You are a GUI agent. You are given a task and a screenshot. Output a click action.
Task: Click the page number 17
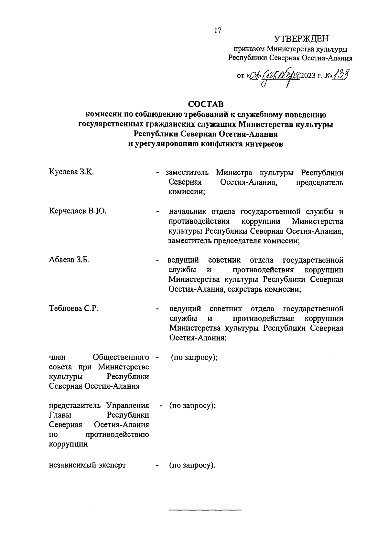point(218,30)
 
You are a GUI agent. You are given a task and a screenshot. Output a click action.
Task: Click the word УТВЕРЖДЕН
point(301,39)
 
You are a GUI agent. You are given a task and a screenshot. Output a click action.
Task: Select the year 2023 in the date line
point(309,77)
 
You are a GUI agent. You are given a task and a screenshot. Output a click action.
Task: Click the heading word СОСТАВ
point(206,104)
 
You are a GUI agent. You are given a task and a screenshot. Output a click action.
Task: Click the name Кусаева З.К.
point(71,172)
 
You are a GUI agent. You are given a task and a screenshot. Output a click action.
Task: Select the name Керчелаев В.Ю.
point(78,211)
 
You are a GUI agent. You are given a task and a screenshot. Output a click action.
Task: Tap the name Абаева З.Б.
point(69,260)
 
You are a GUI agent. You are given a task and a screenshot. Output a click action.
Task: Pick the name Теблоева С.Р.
point(74,308)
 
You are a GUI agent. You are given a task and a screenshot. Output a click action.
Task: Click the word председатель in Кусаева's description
point(319,182)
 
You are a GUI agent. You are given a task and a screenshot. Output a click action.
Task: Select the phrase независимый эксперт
point(87,465)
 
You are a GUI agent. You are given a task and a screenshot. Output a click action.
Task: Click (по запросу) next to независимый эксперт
point(192,466)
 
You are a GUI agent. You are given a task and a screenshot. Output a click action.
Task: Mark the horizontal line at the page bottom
point(205,510)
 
